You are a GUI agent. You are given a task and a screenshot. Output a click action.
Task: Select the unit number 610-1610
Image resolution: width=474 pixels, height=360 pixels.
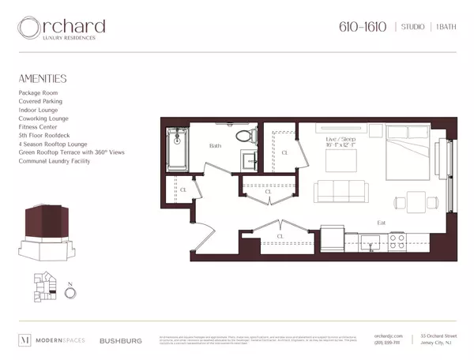coord(363,27)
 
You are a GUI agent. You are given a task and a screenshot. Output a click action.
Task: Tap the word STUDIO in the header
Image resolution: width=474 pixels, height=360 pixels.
coord(412,28)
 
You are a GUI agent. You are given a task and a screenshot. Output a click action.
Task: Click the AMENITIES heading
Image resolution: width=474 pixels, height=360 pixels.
coord(43,79)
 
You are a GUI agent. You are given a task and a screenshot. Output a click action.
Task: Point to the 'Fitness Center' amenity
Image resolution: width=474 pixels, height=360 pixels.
coord(39,127)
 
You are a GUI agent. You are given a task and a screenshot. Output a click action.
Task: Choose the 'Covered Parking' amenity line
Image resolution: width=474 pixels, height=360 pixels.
coord(40,101)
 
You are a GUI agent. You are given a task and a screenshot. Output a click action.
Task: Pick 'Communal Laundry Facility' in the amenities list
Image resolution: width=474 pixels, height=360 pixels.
coord(55,161)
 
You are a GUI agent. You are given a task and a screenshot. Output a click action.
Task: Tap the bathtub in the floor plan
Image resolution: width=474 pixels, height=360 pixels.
coord(178,148)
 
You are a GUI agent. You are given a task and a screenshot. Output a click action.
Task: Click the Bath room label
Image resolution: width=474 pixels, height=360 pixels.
coord(215,146)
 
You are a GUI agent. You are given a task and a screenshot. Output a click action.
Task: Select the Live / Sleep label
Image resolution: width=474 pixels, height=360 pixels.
coord(340,140)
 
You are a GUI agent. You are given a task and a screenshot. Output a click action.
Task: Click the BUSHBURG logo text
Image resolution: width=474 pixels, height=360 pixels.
coord(120,341)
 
